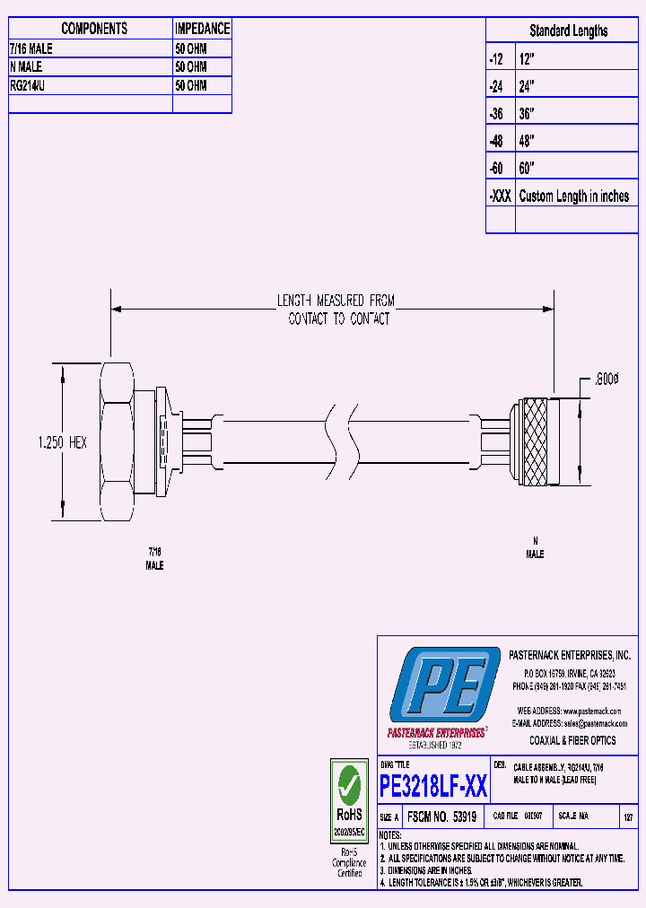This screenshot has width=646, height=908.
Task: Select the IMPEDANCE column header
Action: coord(202,29)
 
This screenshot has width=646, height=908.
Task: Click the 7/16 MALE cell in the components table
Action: coord(31,49)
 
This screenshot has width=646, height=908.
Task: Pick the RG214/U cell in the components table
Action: coord(32,85)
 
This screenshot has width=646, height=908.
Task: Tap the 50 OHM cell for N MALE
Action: coord(191,67)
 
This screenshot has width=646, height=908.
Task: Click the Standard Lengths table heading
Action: coord(568,31)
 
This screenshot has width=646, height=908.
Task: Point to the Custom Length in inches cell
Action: coord(574,196)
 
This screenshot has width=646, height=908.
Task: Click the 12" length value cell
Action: coord(528,58)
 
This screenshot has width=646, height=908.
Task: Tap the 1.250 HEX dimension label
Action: coord(62,442)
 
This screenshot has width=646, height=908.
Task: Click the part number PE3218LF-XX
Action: coord(433,787)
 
